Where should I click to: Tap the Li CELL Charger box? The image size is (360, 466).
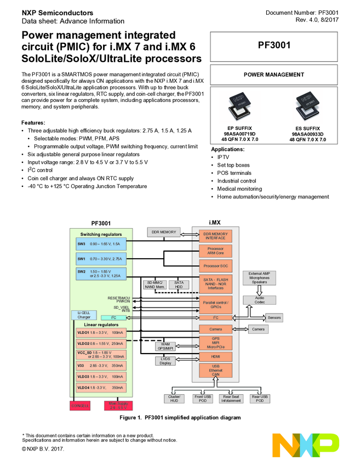point(84,315)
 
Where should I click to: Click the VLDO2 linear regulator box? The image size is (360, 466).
point(101,343)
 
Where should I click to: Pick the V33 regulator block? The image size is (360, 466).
point(101,365)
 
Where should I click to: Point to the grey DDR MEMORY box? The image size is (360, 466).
point(164,232)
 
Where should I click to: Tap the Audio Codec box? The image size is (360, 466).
point(259,300)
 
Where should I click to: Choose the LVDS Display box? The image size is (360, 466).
point(165,361)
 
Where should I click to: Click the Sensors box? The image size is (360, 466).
point(274,317)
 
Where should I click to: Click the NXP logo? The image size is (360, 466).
point(306,445)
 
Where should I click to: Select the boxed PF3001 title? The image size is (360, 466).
point(274,46)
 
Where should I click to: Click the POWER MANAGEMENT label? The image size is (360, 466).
point(274,75)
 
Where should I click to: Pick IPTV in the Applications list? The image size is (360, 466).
point(223,157)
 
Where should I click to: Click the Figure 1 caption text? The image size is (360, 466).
point(180,418)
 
